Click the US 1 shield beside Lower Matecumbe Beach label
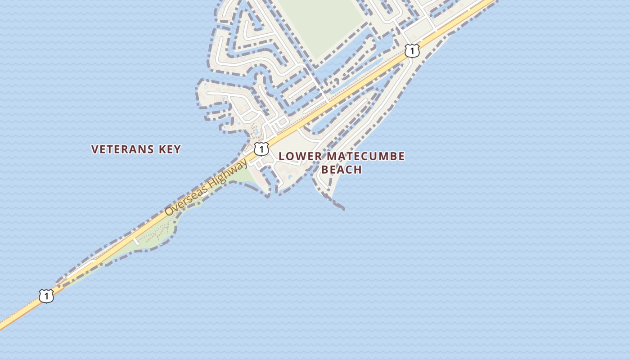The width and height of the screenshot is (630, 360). pos(261,148)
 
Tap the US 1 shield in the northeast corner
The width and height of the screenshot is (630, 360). pos(412,50)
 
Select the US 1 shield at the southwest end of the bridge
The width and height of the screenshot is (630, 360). pos(46,296)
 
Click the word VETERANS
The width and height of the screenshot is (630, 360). pos(121,149)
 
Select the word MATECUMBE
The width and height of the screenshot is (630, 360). pos(365,157)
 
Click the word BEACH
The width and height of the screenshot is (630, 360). pos(342,170)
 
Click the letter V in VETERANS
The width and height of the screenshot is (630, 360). pos(94,149)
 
